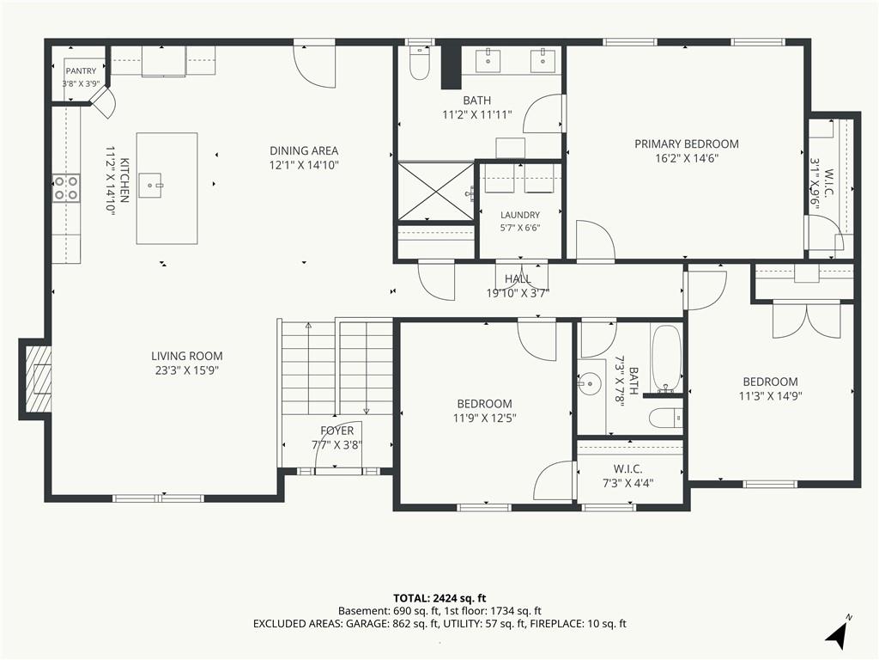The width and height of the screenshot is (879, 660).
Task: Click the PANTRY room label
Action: pyautogui.click(x=82, y=71)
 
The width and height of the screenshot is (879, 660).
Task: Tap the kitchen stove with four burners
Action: pyautogui.click(x=66, y=188)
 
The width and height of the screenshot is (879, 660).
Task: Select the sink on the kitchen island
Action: pyautogui.click(x=150, y=186)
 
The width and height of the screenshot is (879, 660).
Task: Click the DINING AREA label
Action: pyautogui.click(x=304, y=150)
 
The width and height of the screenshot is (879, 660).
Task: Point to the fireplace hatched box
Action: pyautogui.click(x=39, y=379)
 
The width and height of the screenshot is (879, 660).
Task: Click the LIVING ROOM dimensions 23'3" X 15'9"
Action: pyautogui.click(x=186, y=370)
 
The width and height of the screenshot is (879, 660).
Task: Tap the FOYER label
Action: pyautogui.click(x=336, y=431)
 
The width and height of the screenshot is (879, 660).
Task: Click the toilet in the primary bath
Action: pyautogui.click(x=419, y=63)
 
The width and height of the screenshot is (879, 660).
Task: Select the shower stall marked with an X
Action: pyautogui.click(x=435, y=191)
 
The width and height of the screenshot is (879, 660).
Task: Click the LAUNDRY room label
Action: pyautogui.click(x=520, y=215)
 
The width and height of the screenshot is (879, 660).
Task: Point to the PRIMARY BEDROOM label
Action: pyautogui.click(x=687, y=144)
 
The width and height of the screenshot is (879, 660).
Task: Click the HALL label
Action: pyautogui.click(x=518, y=279)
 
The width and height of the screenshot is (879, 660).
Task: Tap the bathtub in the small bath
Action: pyautogui.click(x=666, y=357)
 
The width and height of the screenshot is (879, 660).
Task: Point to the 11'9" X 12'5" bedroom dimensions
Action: pyautogui.click(x=484, y=419)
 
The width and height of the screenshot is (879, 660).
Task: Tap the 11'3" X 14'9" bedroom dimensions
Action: pyautogui.click(x=770, y=395)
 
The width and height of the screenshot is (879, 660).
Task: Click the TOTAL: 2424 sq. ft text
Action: pyautogui.click(x=439, y=598)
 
